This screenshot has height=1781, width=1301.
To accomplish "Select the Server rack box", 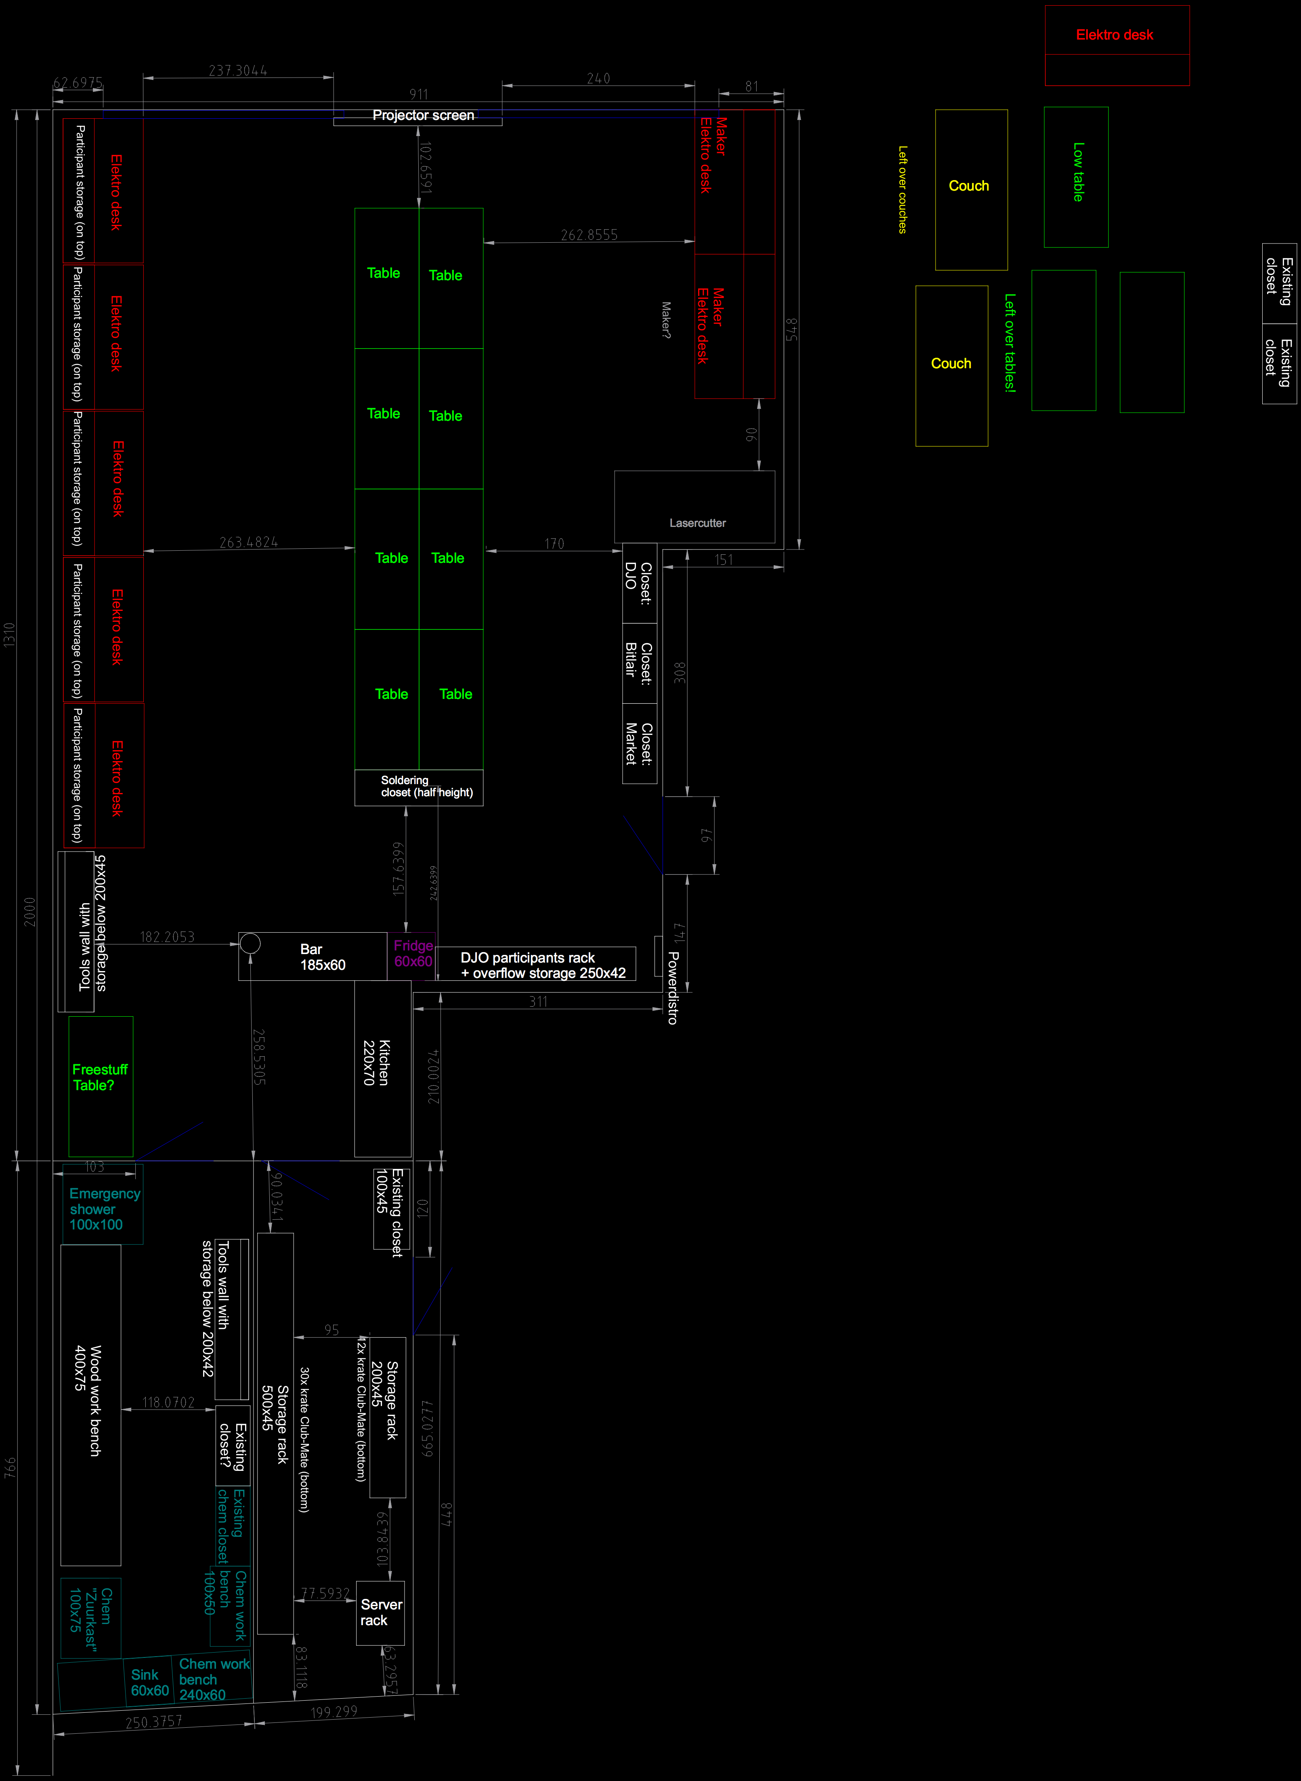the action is pyautogui.click(x=380, y=1613).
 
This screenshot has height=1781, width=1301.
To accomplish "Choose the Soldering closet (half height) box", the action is pyautogui.click(x=419, y=787).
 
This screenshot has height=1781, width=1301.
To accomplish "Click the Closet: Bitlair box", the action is pyautogui.click(x=640, y=663).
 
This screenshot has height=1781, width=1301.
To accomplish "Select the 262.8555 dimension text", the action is pyautogui.click(x=589, y=235).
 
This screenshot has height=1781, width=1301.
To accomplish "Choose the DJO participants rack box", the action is pyautogui.click(x=543, y=965).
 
